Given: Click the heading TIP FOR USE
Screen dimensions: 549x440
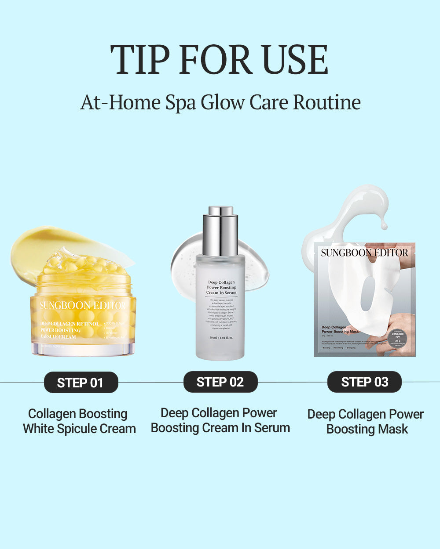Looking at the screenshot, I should (x=219, y=60).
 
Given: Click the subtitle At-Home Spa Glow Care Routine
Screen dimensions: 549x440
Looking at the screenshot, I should (x=220, y=102).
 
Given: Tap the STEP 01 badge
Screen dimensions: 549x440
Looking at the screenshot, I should (x=81, y=383).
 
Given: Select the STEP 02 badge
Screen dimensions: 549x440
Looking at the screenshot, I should (x=220, y=382).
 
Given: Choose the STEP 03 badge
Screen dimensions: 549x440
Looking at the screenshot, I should (x=364, y=382).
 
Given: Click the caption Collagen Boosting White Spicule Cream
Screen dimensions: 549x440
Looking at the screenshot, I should (x=79, y=421).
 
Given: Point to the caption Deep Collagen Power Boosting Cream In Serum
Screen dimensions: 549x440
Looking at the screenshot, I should (x=220, y=420).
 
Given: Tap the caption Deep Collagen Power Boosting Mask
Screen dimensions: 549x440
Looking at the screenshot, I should (x=366, y=422).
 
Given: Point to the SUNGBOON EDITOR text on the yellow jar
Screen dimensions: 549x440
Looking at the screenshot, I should (x=83, y=306).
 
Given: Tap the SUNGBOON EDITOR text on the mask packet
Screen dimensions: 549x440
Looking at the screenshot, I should (x=364, y=253).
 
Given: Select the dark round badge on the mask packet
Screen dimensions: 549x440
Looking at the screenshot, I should (x=397, y=338).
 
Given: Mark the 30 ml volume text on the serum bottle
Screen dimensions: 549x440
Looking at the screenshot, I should (x=221, y=338).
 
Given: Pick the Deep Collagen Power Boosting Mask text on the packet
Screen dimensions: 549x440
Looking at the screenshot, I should (x=340, y=329).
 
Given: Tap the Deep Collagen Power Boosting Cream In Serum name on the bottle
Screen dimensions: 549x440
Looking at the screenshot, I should (x=221, y=287).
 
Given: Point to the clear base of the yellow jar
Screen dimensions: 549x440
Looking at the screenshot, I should (x=83, y=349).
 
